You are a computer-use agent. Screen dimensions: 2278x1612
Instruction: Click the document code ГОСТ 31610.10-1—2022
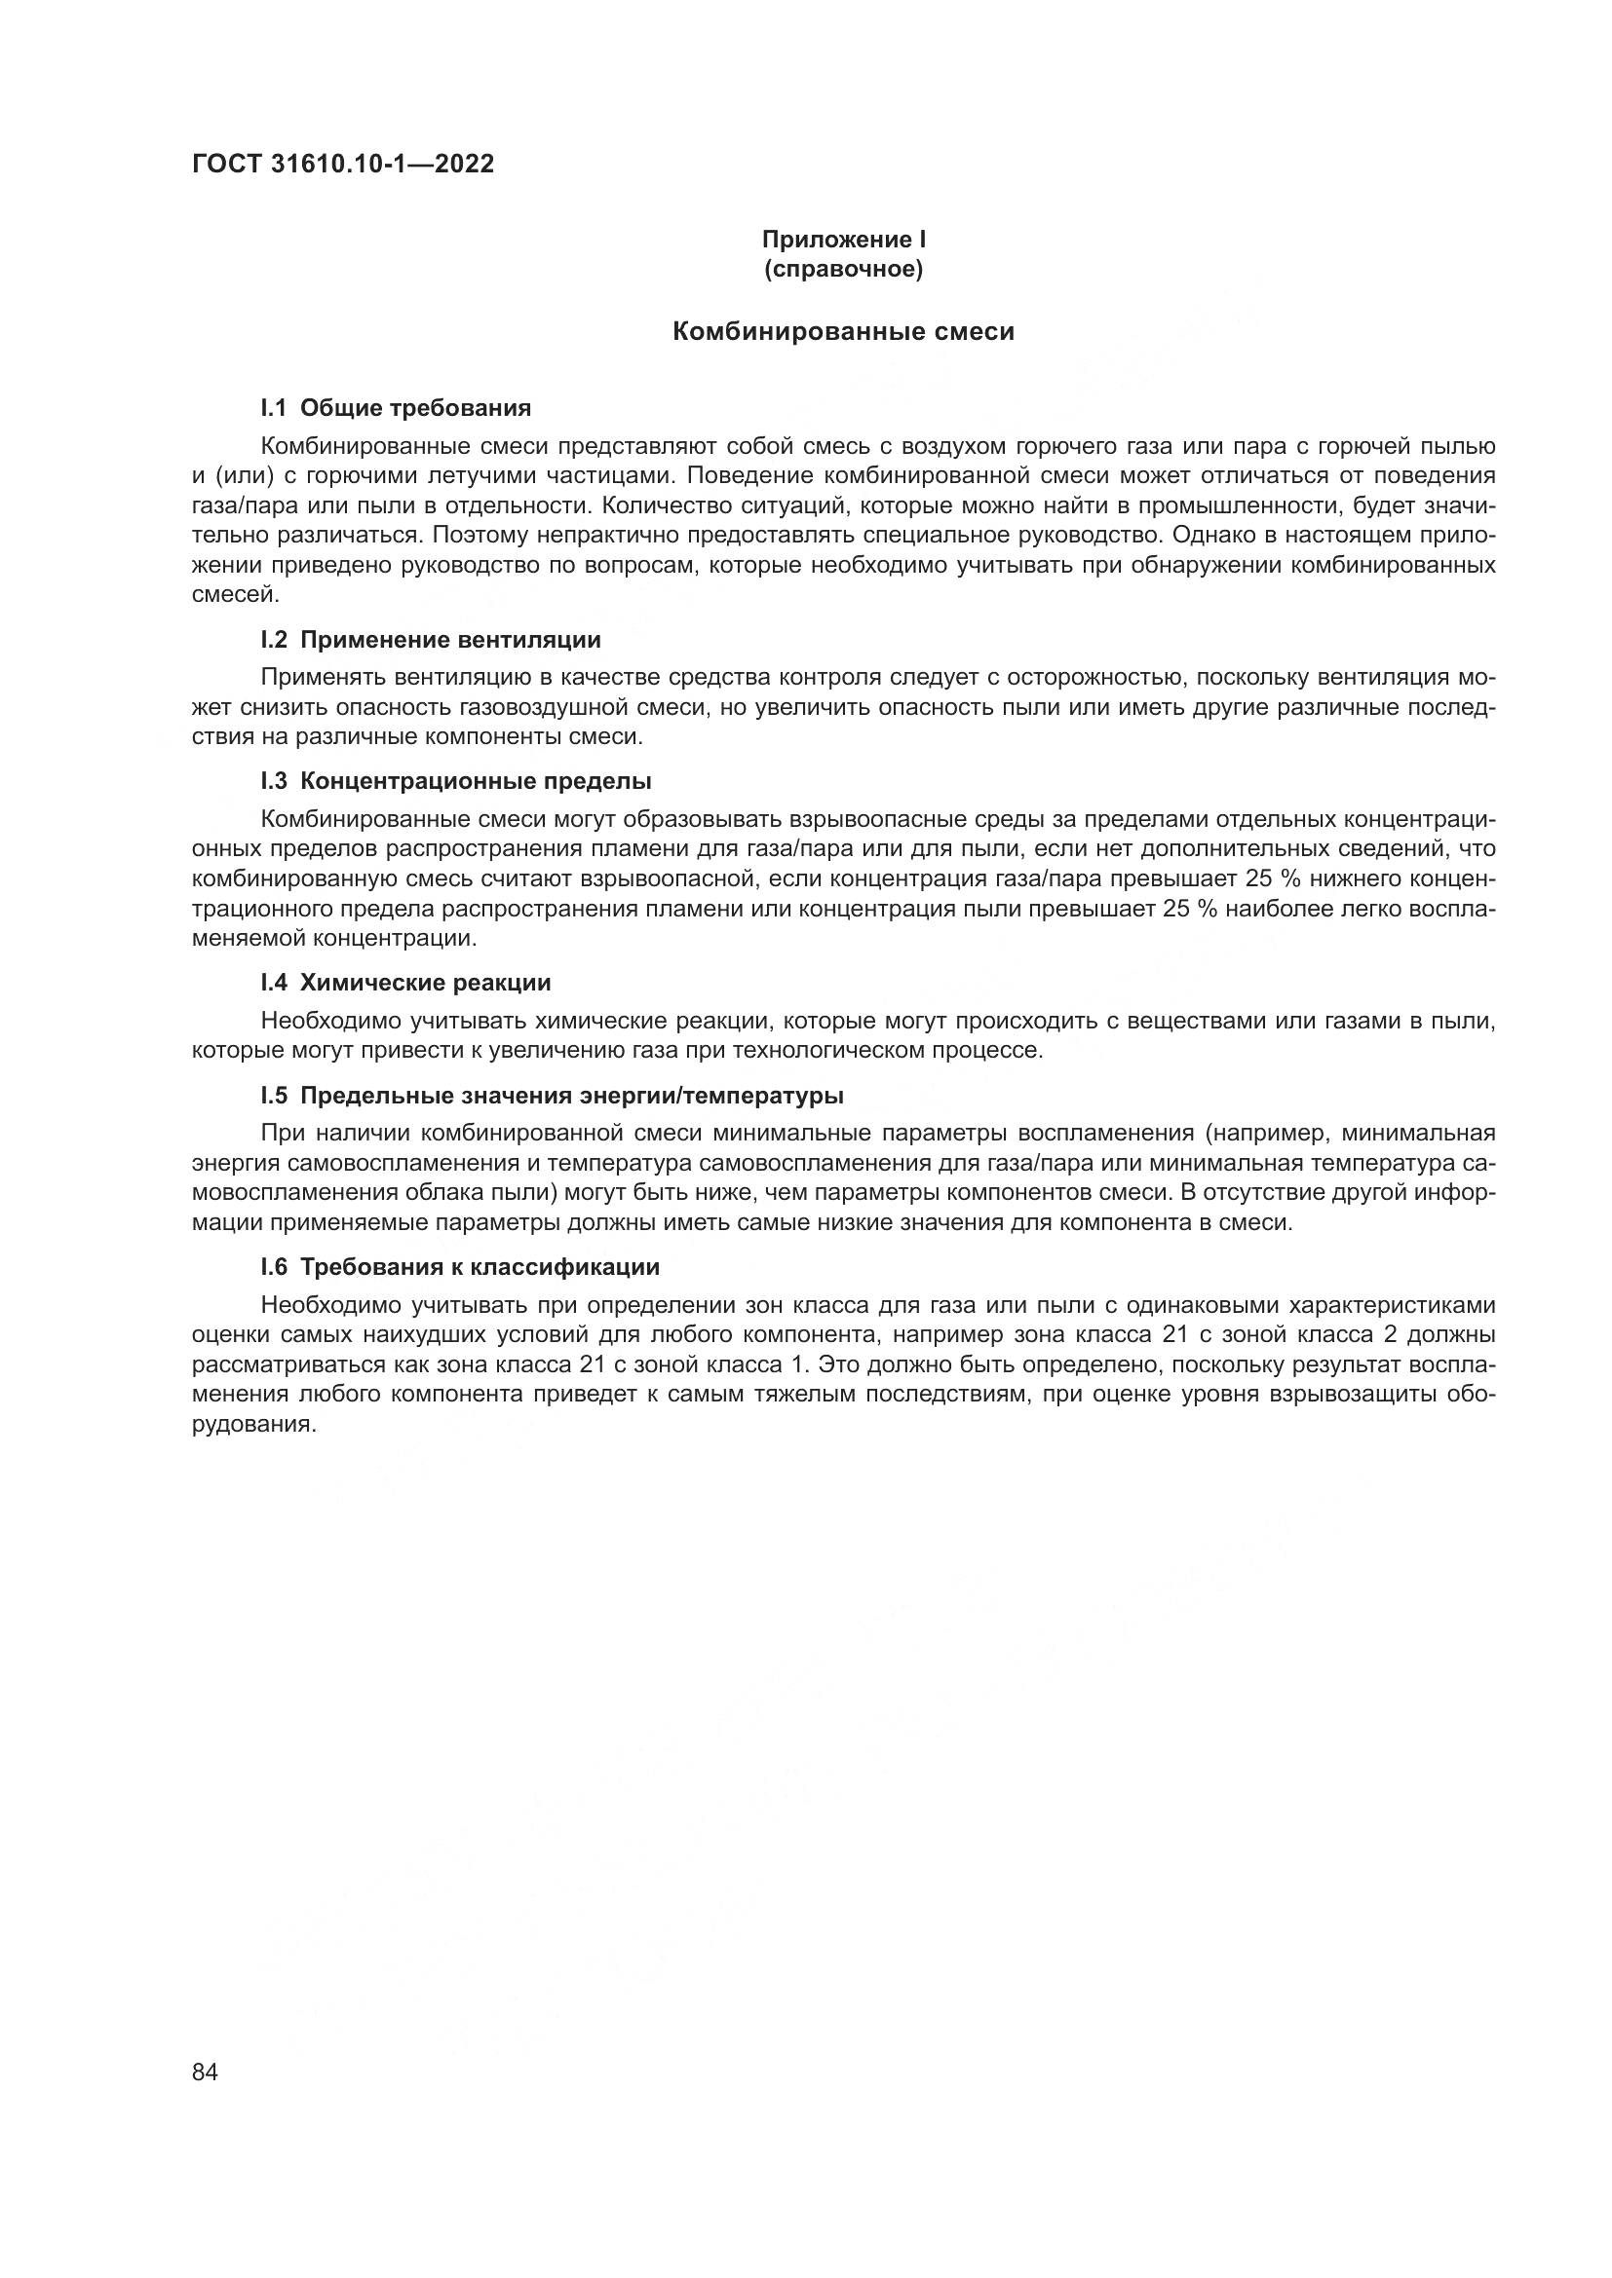(x=342, y=165)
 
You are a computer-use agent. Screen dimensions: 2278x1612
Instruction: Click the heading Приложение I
(x=843, y=240)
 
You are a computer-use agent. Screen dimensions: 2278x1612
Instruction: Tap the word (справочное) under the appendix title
(x=843, y=270)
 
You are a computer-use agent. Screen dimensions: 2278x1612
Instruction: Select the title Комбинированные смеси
(x=843, y=332)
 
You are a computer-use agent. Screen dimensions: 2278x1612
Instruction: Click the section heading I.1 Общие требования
(x=395, y=408)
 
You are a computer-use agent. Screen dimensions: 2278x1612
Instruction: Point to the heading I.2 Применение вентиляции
(x=430, y=640)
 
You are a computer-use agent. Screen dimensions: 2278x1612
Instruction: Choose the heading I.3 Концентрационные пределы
(x=455, y=781)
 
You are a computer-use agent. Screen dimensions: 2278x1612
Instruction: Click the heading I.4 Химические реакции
(x=405, y=983)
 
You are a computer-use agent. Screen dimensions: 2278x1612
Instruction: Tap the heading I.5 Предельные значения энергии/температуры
(x=551, y=1096)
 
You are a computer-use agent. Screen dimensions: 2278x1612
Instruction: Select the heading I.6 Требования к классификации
(x=460, y=1267)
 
